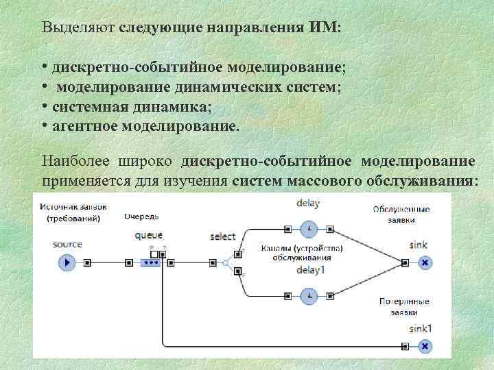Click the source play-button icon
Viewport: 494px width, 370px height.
pos(67,262)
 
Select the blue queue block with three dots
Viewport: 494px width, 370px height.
pos(152,262)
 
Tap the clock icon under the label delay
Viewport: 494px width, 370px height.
pos(310,228)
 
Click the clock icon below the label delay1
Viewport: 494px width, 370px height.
pos(310,296)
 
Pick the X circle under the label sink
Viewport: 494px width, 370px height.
pos(425,262)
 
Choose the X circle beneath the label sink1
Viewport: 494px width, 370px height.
pos(425,346)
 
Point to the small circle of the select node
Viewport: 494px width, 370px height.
pos(224,262)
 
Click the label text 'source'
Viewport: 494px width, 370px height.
pos(67,244)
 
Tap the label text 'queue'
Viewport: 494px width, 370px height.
pos(149,235)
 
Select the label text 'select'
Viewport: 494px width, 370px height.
pos(222,236)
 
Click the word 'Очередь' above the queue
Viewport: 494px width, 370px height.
pos(141,216)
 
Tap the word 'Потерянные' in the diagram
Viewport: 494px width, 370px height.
pos(403,301)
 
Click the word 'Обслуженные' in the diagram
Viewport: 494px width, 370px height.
pos(402,208)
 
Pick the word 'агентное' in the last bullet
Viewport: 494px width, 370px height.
pos(84,125)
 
